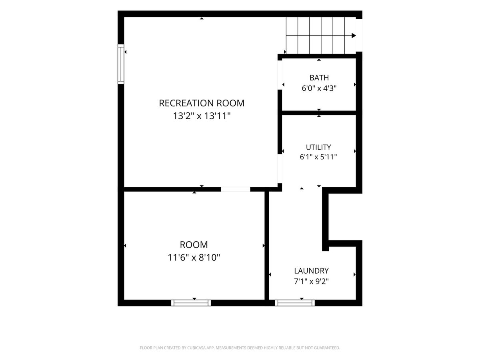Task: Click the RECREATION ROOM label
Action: pyautogui.click(x=202, y=103)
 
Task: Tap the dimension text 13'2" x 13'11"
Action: pyautogui.click(x=202, y=116)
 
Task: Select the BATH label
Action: pyautogui.click(x=319, y=78)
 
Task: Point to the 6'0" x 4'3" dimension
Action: pyautogui.click(x=319, y=88)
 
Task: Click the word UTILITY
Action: pyautogui.click(x=318, y=147)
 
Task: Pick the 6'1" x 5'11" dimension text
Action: pyautogui.click(x=318, y=157)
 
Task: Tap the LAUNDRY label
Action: pyautogui.click(x=311, y=271)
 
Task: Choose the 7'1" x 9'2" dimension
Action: pyautogui.click(x=311, y=281)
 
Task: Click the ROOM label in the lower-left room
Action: pyautogui.click(x=194, y=244)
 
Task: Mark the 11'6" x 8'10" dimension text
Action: pyautogui.click(x=194, y=258)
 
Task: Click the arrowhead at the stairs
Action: pyautogui.click(x=354, y=36)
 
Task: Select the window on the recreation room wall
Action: pyautogui.click(x=121, y=64)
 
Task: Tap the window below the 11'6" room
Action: pyautogui.click(x=191, y=303)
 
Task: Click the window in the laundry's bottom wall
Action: pyautogui.click(x=295, y=303)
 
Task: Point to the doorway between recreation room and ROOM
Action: pyautogui.click(x=236, y=189)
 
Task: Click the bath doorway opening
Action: pyautogui.click(x=280, y=75)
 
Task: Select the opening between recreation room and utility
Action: pyautogui.click(x=280, y=168)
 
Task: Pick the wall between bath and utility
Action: pyautogui.click(x=319, y=113)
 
